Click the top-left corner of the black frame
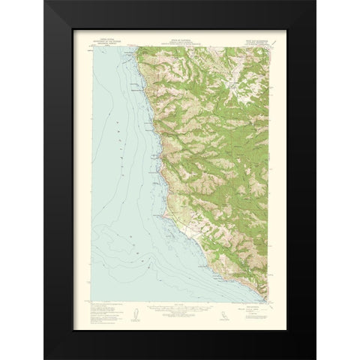(x=44, y=1)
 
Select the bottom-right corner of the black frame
(x=315, y=358)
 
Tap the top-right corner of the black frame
(x=315, y=1)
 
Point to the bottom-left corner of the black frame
(x=44, y=358)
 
